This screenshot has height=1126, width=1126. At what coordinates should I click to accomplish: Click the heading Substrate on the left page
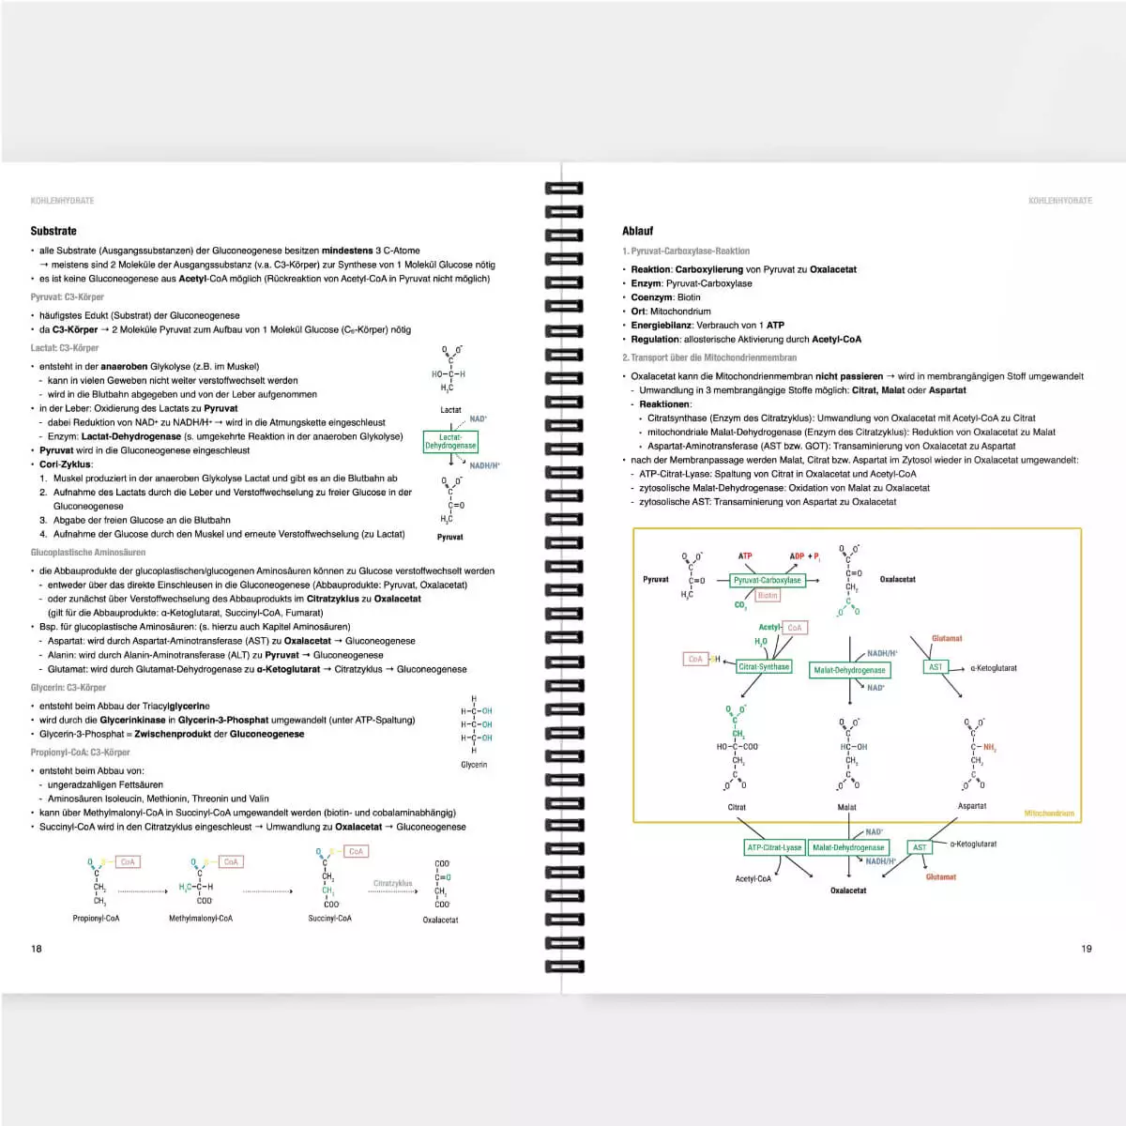53,231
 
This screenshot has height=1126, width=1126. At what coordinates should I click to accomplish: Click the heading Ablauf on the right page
637,231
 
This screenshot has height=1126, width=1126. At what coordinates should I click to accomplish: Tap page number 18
37,949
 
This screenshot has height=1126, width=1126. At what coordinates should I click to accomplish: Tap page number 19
1087,949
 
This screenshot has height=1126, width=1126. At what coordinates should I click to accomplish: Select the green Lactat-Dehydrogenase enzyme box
450,441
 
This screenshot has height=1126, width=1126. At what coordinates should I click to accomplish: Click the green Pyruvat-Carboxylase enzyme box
768,580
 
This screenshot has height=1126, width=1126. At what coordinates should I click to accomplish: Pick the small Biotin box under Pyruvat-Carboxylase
768,596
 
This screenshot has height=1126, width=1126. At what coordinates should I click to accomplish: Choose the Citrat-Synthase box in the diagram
764,666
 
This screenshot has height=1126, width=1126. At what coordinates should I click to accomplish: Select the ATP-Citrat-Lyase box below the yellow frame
774,847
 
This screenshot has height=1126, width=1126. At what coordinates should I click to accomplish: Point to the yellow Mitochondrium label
1049,814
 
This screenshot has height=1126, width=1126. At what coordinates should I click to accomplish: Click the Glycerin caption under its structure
474,765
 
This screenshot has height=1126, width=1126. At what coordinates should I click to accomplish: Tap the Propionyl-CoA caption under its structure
96,919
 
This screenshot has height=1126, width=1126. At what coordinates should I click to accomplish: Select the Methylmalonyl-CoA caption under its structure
201,919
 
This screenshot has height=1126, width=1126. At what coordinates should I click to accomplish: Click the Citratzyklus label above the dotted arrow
392,883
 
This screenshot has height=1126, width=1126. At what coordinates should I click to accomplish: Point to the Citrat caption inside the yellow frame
737,807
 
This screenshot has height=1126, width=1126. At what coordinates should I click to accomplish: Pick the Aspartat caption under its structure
972,806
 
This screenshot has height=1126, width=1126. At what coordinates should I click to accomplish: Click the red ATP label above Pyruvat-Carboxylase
745,556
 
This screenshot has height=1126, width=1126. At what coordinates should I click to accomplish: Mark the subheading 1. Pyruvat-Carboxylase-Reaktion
686,251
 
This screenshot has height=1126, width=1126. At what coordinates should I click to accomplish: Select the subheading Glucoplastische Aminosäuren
88,553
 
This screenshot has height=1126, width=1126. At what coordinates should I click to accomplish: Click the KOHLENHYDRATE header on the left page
63,201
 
